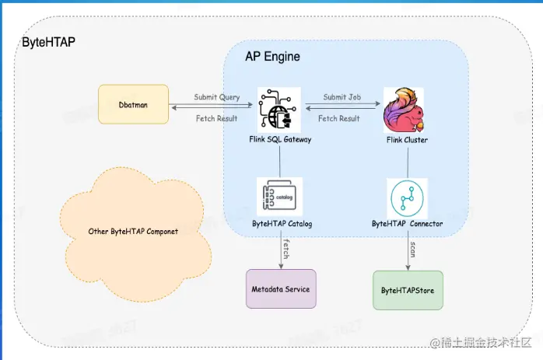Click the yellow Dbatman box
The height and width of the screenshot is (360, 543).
click(133, 104)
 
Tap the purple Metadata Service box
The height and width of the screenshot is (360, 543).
click(280, 289)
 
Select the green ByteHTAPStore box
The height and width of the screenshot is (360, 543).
click(408, 290)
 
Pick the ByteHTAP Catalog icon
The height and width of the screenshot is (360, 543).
click(280, 197)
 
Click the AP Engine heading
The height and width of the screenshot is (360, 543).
click(272, 57)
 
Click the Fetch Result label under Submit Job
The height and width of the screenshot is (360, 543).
click(339, 118)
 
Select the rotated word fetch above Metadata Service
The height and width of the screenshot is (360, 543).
click(286, 248)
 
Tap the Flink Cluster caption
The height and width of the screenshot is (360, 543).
click(407, 140)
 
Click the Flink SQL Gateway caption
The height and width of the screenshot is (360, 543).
click(279, 140)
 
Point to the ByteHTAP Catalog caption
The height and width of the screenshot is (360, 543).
click(282, 224)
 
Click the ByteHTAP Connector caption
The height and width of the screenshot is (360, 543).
click(407, 224)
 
